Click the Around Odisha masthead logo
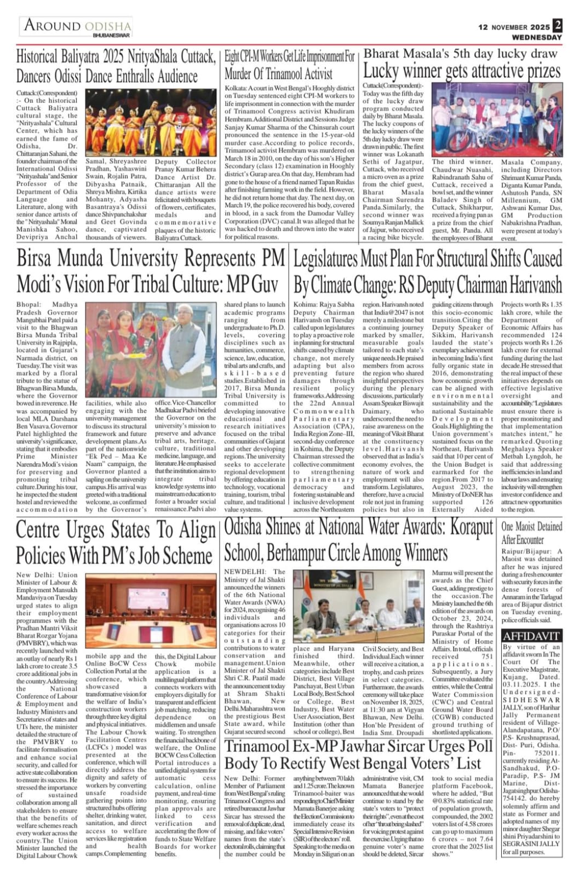(x=77, y=25)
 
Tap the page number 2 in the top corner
(x=557, y=25)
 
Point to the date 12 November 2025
(x=513, y=27)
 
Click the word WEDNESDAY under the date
(x=537, y=37)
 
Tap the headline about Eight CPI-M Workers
(x=290, y=65)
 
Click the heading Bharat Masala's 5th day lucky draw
(x=460, y=53)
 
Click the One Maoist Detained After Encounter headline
(x=531, y=532)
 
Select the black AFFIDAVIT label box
(x=531, y=636)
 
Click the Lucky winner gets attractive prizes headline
(x=462, y=71)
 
